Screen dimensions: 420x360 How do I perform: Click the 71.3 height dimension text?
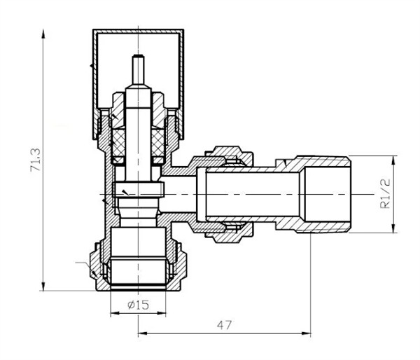coord(36,160)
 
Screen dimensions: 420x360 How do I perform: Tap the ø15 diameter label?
coord(138,305)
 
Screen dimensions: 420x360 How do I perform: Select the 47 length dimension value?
coord(224,325)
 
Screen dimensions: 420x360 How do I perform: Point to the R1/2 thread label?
coord(385,193)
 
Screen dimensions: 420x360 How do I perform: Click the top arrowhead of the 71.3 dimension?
coord(43,34)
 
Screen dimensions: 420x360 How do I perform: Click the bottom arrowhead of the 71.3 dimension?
coord(43,286)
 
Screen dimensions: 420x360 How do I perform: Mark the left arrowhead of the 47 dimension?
coord(143,333)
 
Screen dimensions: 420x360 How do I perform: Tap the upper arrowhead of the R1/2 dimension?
coord(393,160)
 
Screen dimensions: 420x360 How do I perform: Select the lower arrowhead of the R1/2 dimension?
coord(393,228)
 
